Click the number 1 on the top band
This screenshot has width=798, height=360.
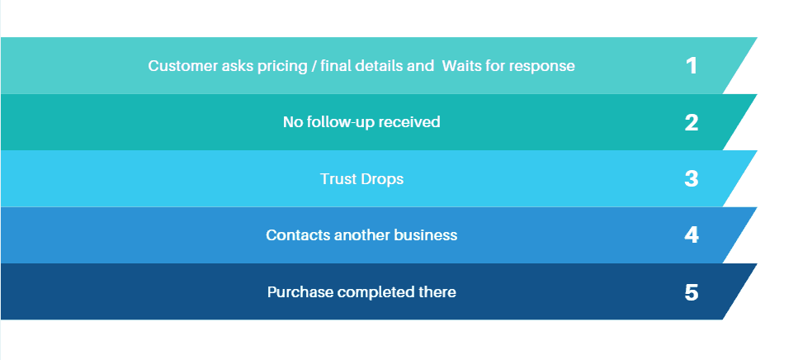point(692,66)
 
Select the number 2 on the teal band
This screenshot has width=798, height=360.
point(692,123)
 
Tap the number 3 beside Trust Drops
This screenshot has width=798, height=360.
point(692,179)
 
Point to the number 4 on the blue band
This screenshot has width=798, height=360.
point(692,235)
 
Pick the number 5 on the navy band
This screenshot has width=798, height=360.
point(692,292)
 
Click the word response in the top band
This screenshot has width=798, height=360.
point(542,66)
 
